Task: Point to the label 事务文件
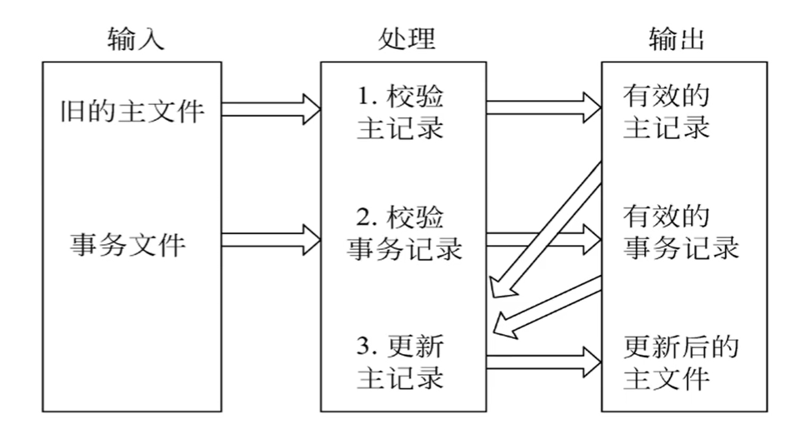click(x=127, y=246)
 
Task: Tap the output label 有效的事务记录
click(x=680, y=233)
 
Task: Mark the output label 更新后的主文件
click(x=680, y=361)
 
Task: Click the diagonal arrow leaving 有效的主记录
click(x=546, y=230)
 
